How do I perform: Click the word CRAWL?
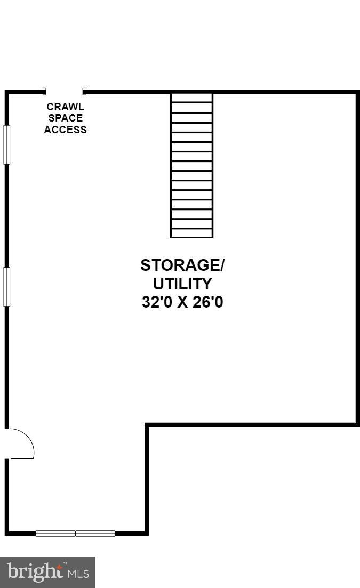pos(65,107)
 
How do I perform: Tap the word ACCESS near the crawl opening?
pos(65,130)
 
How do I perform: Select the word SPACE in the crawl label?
pos(65,118)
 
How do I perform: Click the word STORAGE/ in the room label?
pos(182,265)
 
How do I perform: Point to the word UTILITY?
pos(182,284)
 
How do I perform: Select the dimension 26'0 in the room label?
pos(208,302)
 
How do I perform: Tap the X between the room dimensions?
pos(182,302)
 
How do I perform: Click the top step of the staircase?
pos(191,98)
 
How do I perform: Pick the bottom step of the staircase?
pos(191,233)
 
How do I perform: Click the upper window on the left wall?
pos(6,145)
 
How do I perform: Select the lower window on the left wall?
pos(6,286)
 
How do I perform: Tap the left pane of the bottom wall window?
pos(55,533)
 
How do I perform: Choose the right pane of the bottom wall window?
pos(95,533)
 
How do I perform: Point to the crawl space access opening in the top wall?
pos(64,91)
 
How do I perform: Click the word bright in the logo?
pos(35,571)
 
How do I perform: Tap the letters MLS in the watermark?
pos(78,574)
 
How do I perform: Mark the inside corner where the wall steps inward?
pos(147,425)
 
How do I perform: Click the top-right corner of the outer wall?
pos(358,92)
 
